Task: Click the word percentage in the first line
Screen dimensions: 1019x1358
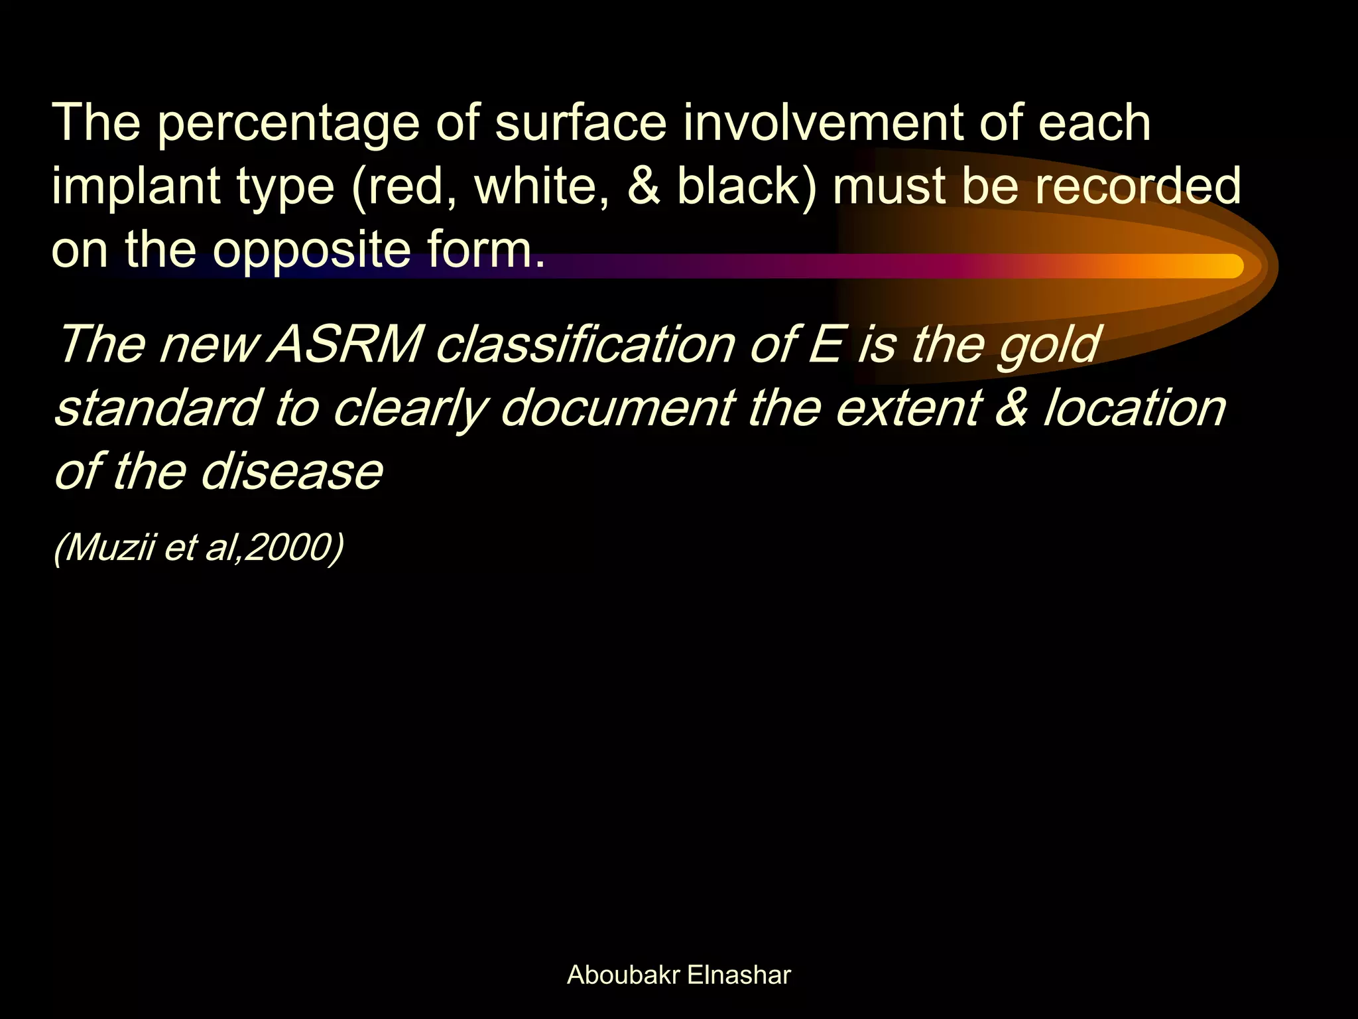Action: tap(288, 123)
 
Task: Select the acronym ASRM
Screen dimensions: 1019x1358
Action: tap(345, 345)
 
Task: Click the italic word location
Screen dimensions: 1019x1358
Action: tap(1135, 408)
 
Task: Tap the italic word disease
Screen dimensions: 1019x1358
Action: tap(292, 472)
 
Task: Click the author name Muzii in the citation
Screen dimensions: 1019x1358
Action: tap(109, 548)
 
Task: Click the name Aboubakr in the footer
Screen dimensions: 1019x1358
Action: tap(623, 975)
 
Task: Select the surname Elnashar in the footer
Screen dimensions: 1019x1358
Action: tap(739, 975)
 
